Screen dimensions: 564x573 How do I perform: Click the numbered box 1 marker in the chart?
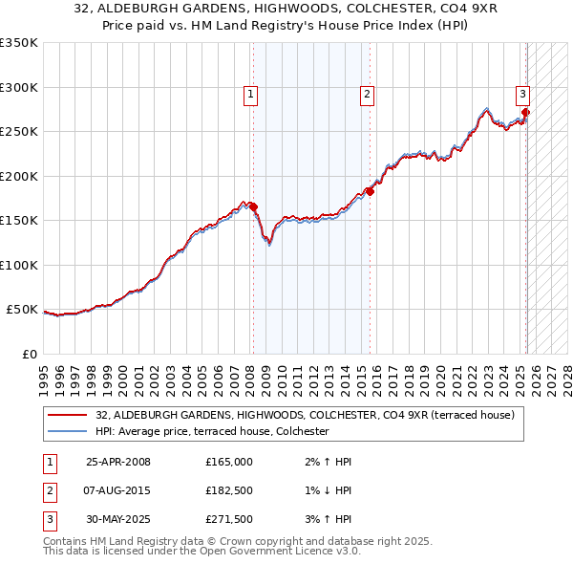250,94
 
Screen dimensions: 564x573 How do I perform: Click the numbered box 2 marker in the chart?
367,94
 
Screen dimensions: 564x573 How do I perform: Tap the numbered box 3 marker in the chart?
523,94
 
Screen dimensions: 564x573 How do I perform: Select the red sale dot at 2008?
254,206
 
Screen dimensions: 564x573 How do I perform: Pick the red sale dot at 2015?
371,191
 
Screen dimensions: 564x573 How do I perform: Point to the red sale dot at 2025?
525,113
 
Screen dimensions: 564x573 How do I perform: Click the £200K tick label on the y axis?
19,176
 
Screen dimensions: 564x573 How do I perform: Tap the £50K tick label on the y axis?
23,310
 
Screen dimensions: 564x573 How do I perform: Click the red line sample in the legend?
68,415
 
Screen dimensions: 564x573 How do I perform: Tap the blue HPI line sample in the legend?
68,432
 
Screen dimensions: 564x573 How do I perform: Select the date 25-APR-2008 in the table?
117,462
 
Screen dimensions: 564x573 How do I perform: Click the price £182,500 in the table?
229,491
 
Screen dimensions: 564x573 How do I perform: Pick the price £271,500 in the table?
229,521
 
